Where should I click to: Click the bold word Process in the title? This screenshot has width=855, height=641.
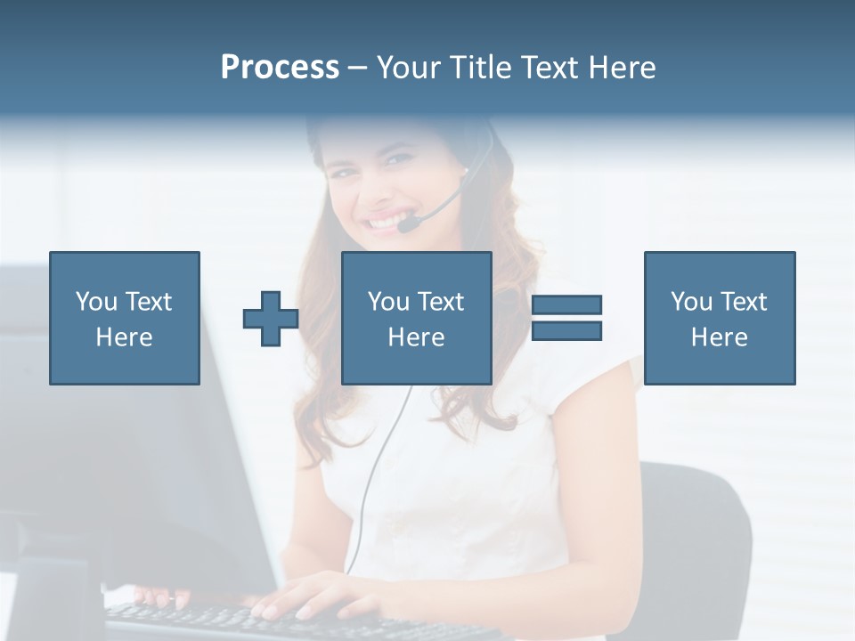point(280,68)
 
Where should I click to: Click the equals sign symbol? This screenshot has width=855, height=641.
point(566,318)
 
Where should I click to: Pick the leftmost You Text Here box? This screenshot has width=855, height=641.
point(125,318)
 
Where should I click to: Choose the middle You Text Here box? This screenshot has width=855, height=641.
point(417,318)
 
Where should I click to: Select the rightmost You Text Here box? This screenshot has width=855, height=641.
point(720,318)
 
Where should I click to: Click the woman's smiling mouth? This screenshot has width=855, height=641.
point(386,218)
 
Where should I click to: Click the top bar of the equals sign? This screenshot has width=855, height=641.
point(566,305)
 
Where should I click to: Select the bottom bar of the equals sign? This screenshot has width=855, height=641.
point(566,331)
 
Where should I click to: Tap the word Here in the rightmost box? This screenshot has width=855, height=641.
point(720,337)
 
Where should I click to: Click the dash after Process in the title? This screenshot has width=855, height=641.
point(357,68)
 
